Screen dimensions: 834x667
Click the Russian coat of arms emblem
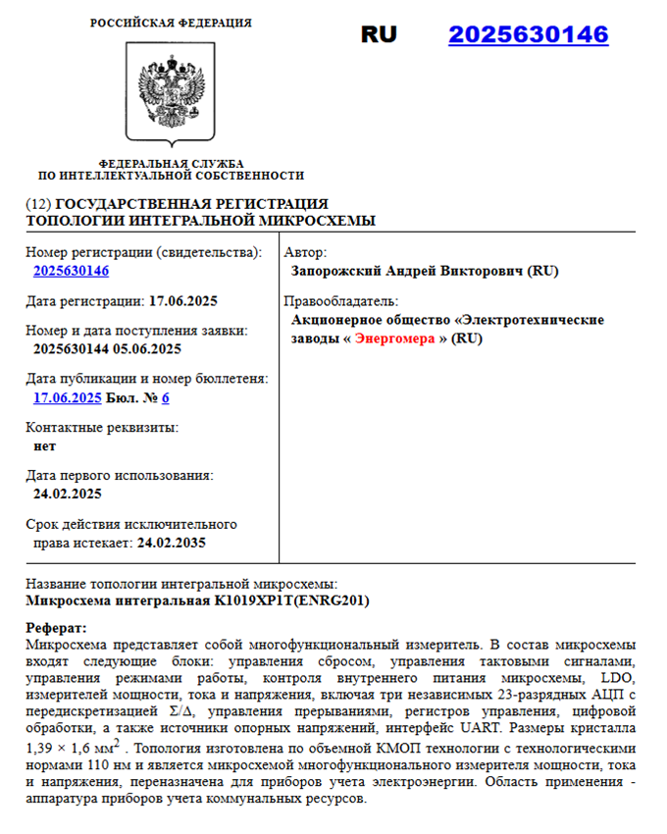171,92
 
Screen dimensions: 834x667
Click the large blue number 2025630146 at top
528,35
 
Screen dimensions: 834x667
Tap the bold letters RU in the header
379,34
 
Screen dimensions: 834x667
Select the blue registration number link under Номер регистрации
71,271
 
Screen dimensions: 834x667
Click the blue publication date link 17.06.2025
68,397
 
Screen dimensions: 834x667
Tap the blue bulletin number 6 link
166,397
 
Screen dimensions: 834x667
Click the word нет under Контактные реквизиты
44,445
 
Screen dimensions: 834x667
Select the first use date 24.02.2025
68,494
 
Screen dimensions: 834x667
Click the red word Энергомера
395,339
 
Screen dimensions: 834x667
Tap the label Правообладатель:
339,300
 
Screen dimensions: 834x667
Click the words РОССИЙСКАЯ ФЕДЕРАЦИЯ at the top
171,23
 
